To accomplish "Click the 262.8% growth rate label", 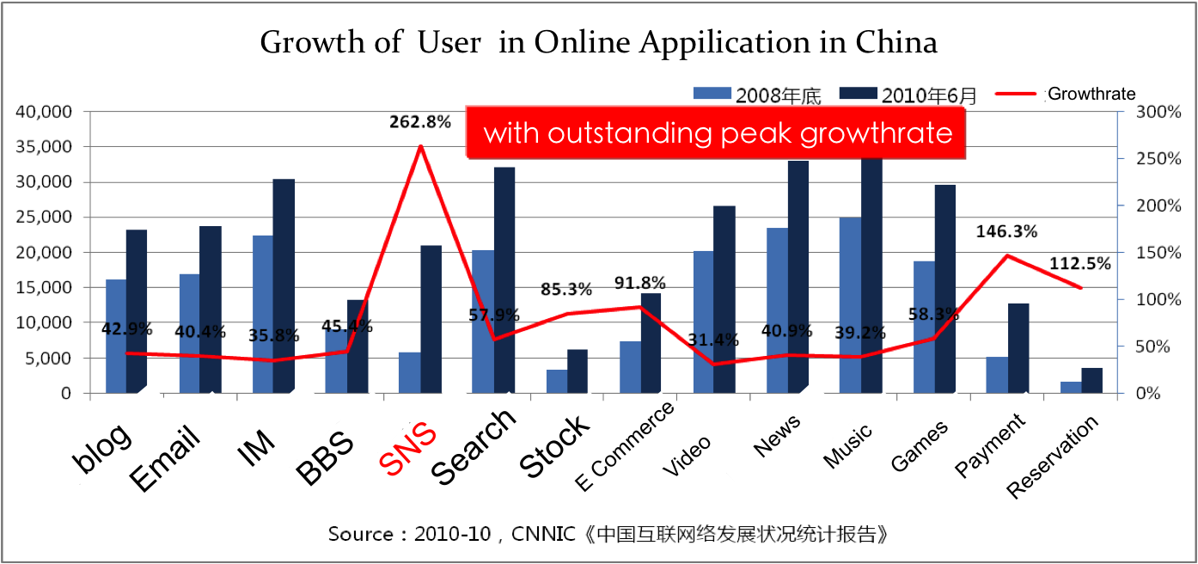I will [x=419, y=122].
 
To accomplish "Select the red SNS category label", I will [x=408, y=450].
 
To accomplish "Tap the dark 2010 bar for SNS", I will [x=431, y=319].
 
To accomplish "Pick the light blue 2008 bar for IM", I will [x=262, y=314].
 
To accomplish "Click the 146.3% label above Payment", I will [x=1006, y=231].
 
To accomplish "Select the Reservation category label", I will [x=1053, y=457].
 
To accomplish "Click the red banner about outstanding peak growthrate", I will [x=718, y=134].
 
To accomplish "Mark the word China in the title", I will [x=894, y=42].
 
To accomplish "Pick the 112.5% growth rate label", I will [x=1080, y=264].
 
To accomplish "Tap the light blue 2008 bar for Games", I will [x=925, y=327].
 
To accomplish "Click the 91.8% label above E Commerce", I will [x=640, y=283].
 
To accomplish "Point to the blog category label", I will [x=103, y=450].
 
